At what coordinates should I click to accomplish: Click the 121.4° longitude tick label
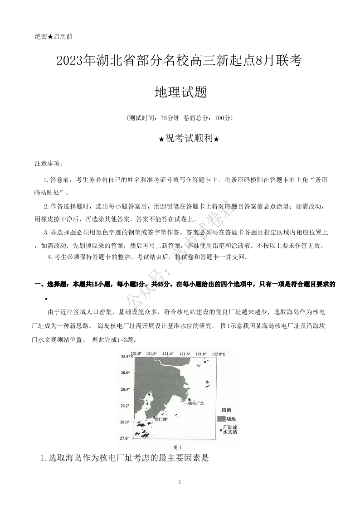tap(168, 354)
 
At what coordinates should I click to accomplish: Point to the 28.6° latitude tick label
tap(125, 373)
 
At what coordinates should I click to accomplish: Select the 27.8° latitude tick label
tap(125, 438)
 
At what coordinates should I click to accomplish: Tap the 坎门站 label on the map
tap(161, 419)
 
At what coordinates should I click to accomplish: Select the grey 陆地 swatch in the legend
tap(221, 419)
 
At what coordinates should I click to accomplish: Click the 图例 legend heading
tap(226, 409)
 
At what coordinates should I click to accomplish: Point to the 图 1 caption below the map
tap(178, 447)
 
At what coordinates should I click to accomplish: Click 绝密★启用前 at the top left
tap(53, 36)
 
